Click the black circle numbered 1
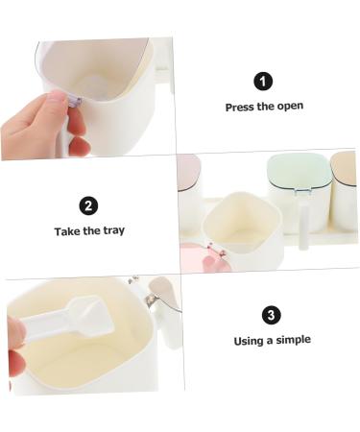click(263, 82)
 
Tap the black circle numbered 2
click(88, 205)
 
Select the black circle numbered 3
click(272, 315)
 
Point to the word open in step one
click(290, 107)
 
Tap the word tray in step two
click(113, 231)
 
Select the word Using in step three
click(250, 342)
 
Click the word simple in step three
click(294, 340)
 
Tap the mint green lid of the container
click(299, 170)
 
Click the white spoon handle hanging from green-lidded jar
click(303, 227)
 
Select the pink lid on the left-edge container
click(188, 173)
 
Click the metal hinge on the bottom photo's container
click(151, 300)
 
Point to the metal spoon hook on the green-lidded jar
click(302, 191)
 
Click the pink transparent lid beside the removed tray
click(204, 257)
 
